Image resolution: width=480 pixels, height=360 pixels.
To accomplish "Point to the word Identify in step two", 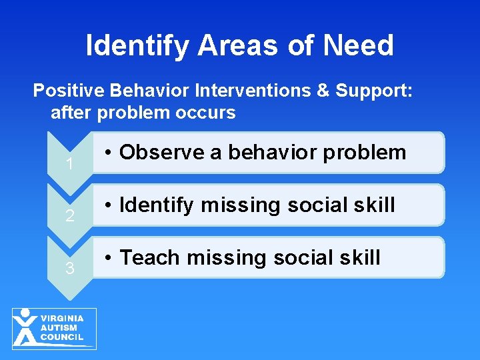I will click(x=157, y=205).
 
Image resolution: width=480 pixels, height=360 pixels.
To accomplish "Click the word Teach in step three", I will click(x=151, y=257).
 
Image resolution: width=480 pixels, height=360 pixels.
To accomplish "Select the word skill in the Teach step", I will click(x=358, y=257).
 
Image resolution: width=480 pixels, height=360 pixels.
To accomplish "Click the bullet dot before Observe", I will click(x=108, y=153).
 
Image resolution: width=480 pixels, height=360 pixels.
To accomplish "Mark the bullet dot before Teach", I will click(x=108, y=258).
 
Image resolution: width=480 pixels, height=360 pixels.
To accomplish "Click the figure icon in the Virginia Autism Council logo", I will click(x=25, y=327).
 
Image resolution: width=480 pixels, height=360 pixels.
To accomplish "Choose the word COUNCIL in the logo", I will click(x=62, y=337).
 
